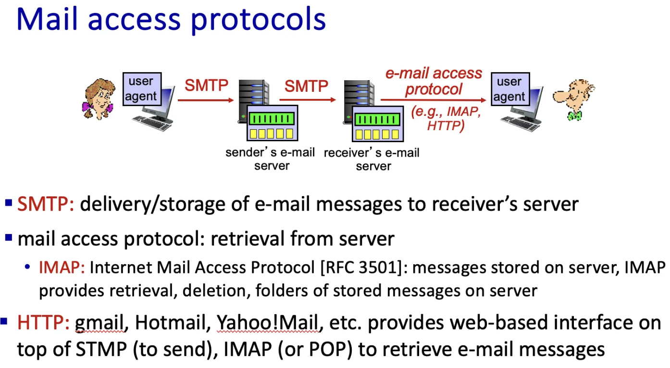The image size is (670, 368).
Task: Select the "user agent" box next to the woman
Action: point(141,89)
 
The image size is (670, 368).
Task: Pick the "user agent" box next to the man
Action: point(509,89)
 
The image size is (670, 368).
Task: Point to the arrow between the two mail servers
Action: point(308,100)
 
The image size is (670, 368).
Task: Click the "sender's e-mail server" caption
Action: point(271,159)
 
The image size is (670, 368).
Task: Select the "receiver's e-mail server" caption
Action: point(372,159)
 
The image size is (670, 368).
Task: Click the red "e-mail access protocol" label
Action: point(434,81)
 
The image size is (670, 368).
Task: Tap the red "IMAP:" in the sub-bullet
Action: point(62,268)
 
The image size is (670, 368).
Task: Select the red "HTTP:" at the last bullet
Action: point(44,323)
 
